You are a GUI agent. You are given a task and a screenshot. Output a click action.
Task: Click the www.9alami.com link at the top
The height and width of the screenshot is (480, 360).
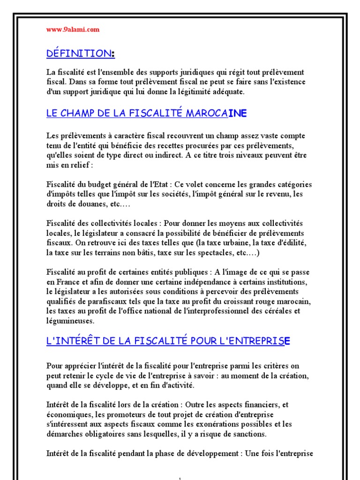73,30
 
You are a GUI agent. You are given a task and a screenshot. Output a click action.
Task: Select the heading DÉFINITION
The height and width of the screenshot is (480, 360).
80,54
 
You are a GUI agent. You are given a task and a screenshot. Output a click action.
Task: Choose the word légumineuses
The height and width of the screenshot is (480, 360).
70,322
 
